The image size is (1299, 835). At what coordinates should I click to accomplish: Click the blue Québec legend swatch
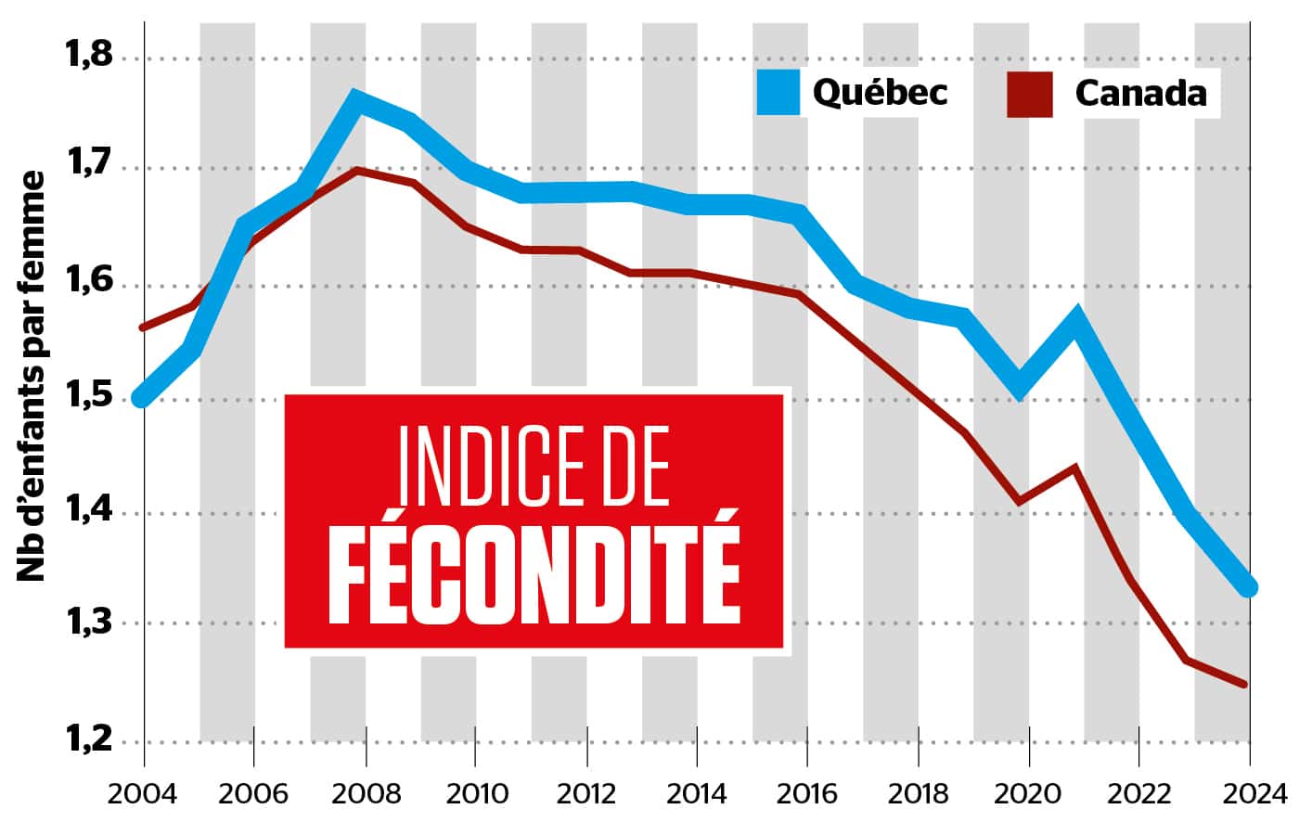778,92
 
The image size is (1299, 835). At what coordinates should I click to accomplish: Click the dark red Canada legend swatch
1029,94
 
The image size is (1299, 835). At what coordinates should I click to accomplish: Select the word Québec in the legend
880,92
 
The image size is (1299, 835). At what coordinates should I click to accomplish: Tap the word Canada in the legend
1140,93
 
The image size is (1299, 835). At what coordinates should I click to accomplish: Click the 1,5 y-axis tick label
88,399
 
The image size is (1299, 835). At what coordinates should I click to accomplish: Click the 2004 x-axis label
145,794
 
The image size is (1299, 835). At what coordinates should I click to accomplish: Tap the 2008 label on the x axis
366,794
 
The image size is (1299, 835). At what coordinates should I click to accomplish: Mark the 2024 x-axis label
1249,794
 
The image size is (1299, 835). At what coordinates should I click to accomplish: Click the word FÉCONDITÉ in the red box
534,577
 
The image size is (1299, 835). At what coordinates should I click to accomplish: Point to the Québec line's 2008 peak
357,98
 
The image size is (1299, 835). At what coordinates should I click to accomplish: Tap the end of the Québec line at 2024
1248,586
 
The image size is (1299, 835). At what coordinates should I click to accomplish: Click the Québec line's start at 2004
142,398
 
